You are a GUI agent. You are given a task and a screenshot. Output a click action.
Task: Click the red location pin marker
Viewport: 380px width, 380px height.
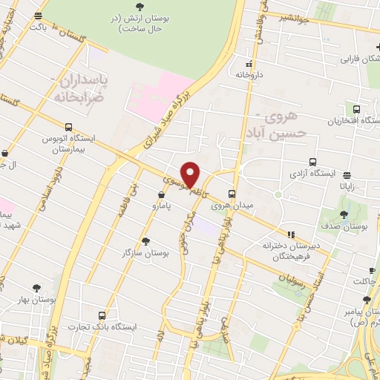[x=191, y=174]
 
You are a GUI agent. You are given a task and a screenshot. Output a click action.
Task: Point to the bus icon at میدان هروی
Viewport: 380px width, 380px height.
[x=232, y=193]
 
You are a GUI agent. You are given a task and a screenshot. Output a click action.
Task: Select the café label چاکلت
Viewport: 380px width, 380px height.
[x=364, y=281]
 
